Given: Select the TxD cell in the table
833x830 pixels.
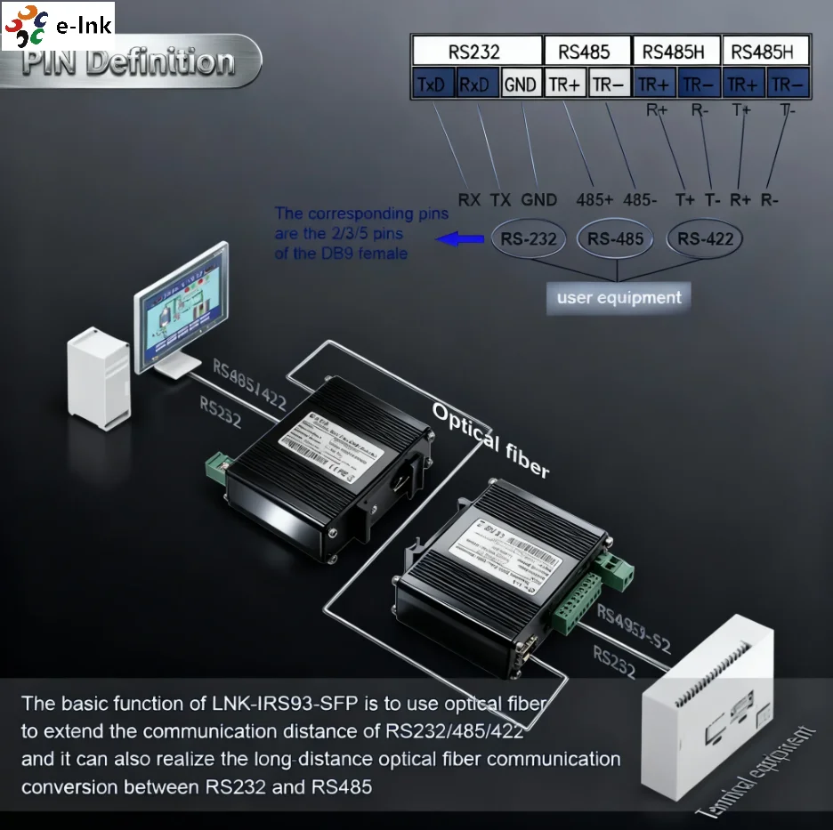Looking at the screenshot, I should tap(433, 84).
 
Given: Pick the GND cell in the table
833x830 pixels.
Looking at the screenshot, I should tap(521, 84).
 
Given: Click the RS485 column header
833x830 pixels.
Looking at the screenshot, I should tap(586, 51).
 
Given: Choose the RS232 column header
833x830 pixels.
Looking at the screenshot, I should tap(475, 51).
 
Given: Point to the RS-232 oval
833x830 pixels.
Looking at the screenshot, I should tap(529, 238).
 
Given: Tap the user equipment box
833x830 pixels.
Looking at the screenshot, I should tap(619, 297).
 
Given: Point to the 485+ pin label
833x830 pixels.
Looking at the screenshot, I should tap(594, 200).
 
